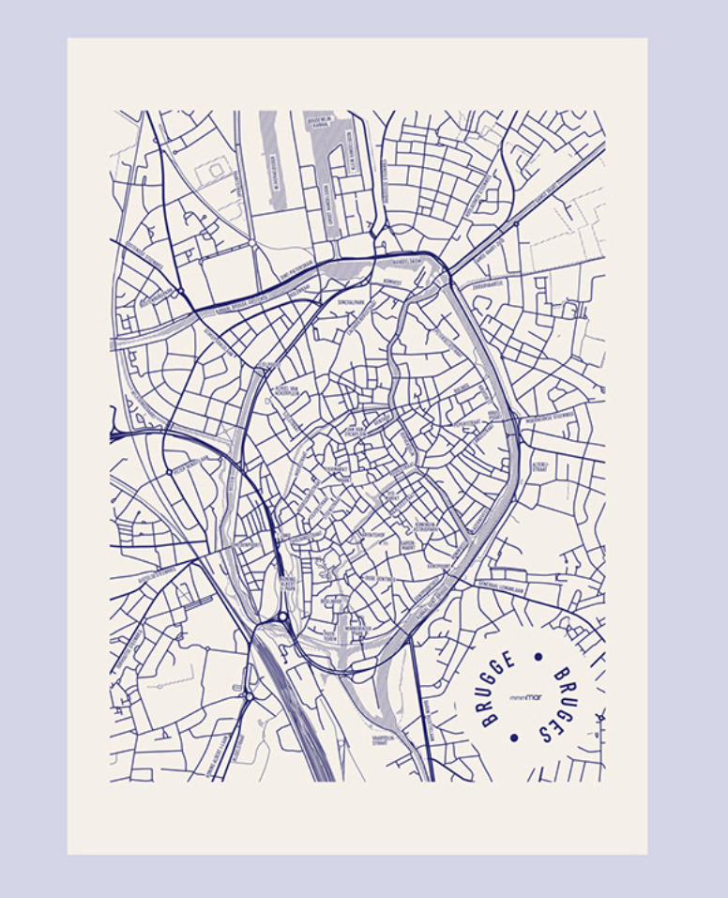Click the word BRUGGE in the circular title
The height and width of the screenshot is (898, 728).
[497, 690]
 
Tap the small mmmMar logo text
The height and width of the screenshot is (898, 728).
[524, 698]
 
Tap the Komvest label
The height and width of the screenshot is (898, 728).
[392, 282]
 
